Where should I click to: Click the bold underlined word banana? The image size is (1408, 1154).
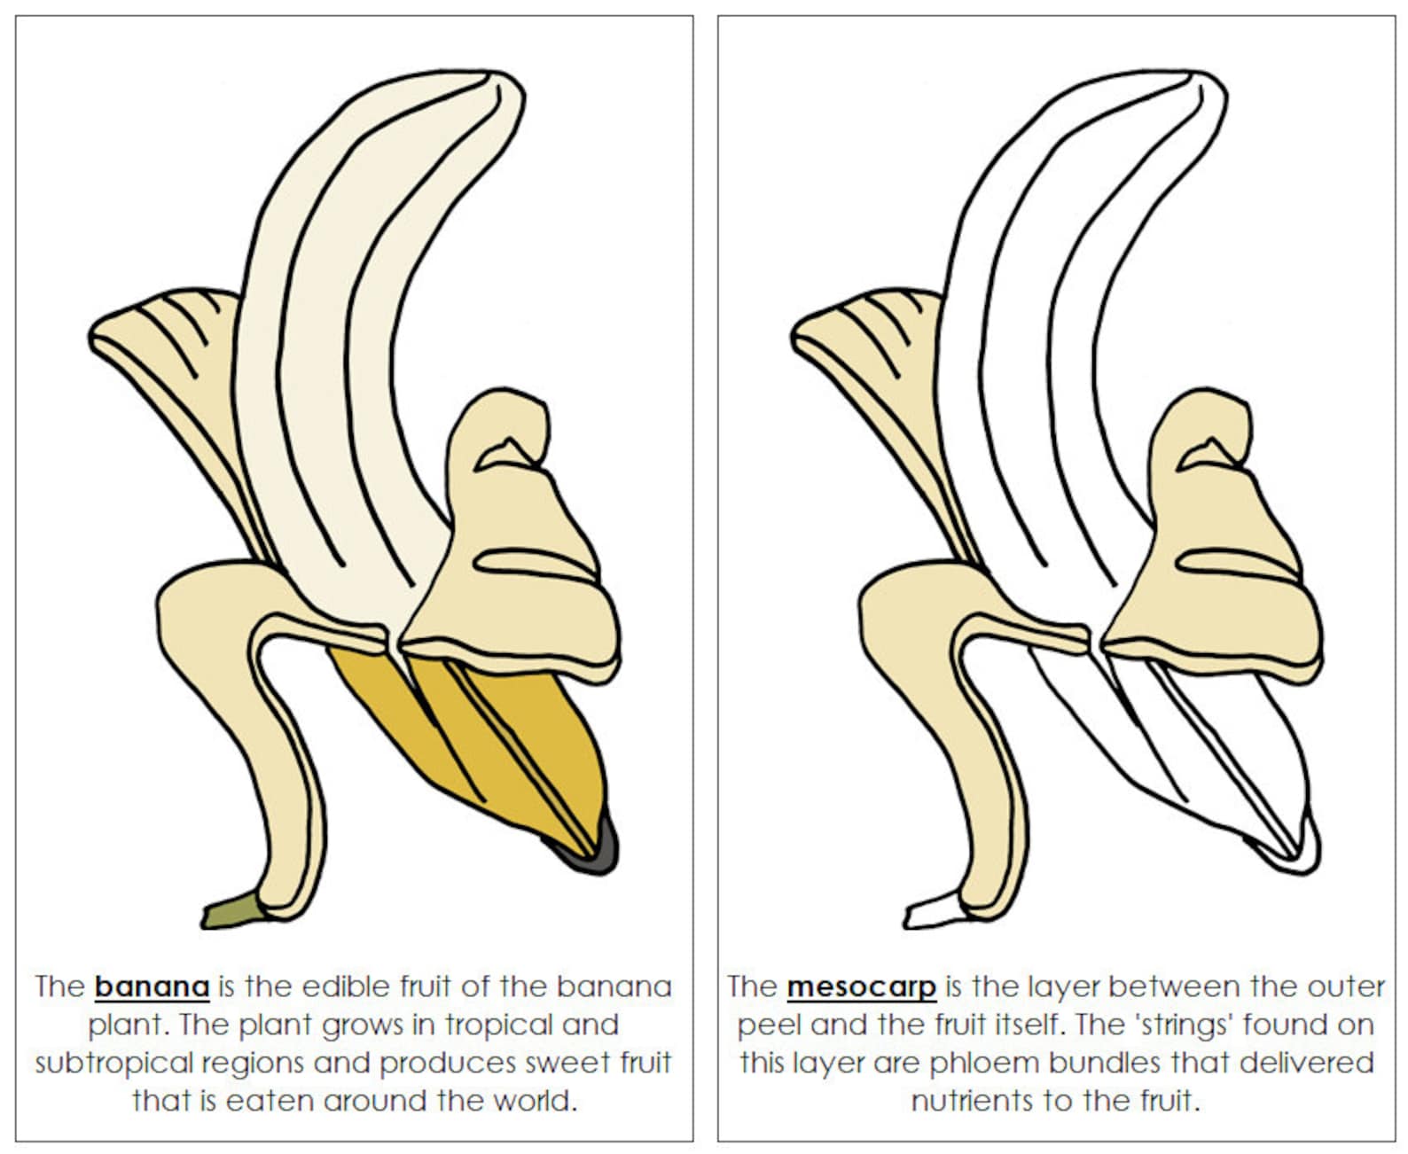[152, 986]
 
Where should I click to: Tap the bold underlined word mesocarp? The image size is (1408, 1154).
[861, 986]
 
